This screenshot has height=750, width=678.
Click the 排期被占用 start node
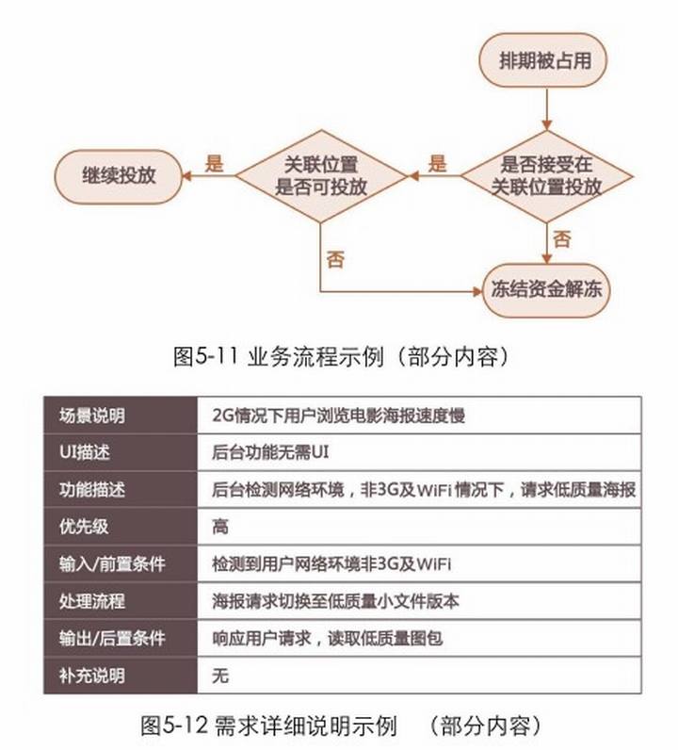[543, 60]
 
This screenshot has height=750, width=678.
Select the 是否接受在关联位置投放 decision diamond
[546, 176]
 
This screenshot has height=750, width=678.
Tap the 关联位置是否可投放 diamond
[321, 176]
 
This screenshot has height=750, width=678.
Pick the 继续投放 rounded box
[119, 176]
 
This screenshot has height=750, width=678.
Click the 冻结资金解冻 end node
[546, 290]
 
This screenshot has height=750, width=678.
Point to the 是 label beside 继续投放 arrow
[214, 163]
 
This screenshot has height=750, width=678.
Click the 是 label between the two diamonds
[437, 163]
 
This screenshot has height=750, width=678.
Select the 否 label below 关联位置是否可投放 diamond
[335, 260]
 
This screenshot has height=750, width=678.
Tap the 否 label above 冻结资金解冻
[562, 239]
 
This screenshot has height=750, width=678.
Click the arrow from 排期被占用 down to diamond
[547, 109]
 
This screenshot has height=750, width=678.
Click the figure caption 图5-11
[205, 356]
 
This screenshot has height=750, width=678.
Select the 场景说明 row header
[92, 416]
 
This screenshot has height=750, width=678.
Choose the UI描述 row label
[85, 452]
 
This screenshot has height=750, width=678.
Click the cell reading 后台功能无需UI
[270, 452]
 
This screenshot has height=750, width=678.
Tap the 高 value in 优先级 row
[220, 527]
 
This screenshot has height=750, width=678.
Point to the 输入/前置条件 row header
[112, 564]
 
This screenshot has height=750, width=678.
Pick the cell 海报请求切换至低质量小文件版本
[335, 601]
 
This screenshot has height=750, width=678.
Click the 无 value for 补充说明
[220, 676]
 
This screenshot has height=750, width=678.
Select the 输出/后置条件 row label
[112, 638]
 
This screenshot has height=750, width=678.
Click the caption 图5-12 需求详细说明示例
[268, 726]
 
